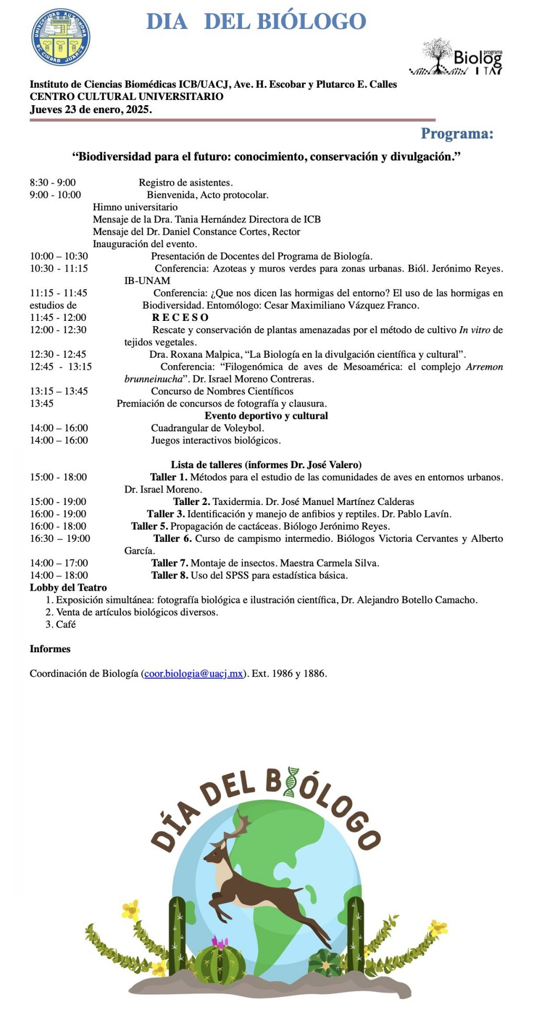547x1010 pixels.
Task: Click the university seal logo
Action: (x=61, y=37)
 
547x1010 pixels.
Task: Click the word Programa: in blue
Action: (x=457, y=134)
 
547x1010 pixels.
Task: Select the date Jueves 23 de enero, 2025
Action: (x=90, y=109)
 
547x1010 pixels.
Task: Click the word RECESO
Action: (x=180, y=318)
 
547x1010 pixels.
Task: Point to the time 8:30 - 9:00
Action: (x=53, y=183)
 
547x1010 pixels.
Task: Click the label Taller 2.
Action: (x=191, y=502)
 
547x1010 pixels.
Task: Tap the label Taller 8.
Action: (x=169, y=575)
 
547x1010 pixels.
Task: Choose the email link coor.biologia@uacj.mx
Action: (x=193, y=673)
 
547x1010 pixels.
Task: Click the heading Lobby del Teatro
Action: (x=68, y=588)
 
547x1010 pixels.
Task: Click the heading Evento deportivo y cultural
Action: (x=266, y=416)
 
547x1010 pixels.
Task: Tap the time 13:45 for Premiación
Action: (x=42, y=403)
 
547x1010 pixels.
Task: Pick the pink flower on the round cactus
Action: (x=219, y=941)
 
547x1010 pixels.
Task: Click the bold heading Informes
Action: (x=50, y=649)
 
